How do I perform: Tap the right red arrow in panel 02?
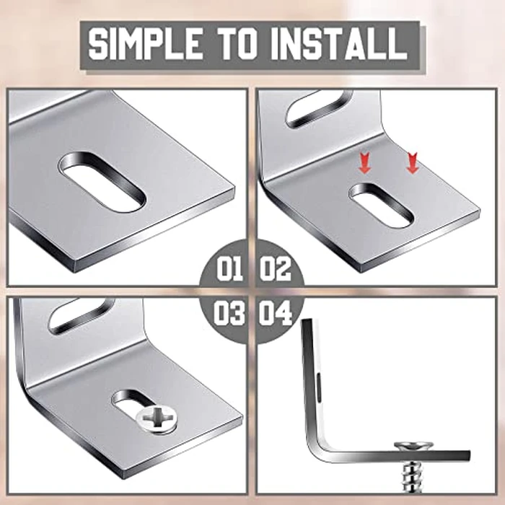click(412, 163)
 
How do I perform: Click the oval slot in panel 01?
click(102, 182)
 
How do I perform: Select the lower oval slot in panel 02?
click(381, 206)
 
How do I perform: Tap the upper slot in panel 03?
click(82, 315)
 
